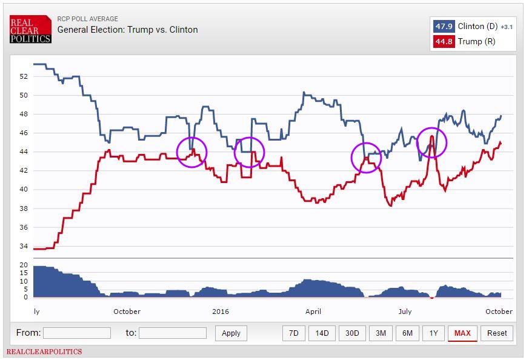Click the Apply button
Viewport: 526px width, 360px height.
[231, 333]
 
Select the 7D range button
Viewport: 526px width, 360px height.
[293, 333]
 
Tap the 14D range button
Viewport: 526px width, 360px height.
[322, 333]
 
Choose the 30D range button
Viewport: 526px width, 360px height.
[352, 333]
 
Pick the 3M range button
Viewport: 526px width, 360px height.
[381, 333]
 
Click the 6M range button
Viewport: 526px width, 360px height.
[407, 333]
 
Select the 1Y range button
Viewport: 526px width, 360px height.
[433, 333]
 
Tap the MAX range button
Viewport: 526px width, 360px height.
[462, 333]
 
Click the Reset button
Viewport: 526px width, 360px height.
[497, 333]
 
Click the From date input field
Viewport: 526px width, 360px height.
[77, 333]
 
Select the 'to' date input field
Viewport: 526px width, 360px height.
[173, 333]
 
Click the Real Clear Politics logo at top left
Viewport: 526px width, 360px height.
[30, 28]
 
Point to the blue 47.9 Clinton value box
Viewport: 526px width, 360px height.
[444, 27]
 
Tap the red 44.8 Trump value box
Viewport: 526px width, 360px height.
[444, 41]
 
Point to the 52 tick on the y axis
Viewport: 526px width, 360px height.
[24, 76]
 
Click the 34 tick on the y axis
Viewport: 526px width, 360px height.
[24, 246]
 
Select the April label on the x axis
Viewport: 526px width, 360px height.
[313, 312]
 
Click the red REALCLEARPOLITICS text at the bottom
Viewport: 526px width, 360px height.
[44, 352]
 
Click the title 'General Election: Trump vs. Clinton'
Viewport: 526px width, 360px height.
[127, 30]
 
